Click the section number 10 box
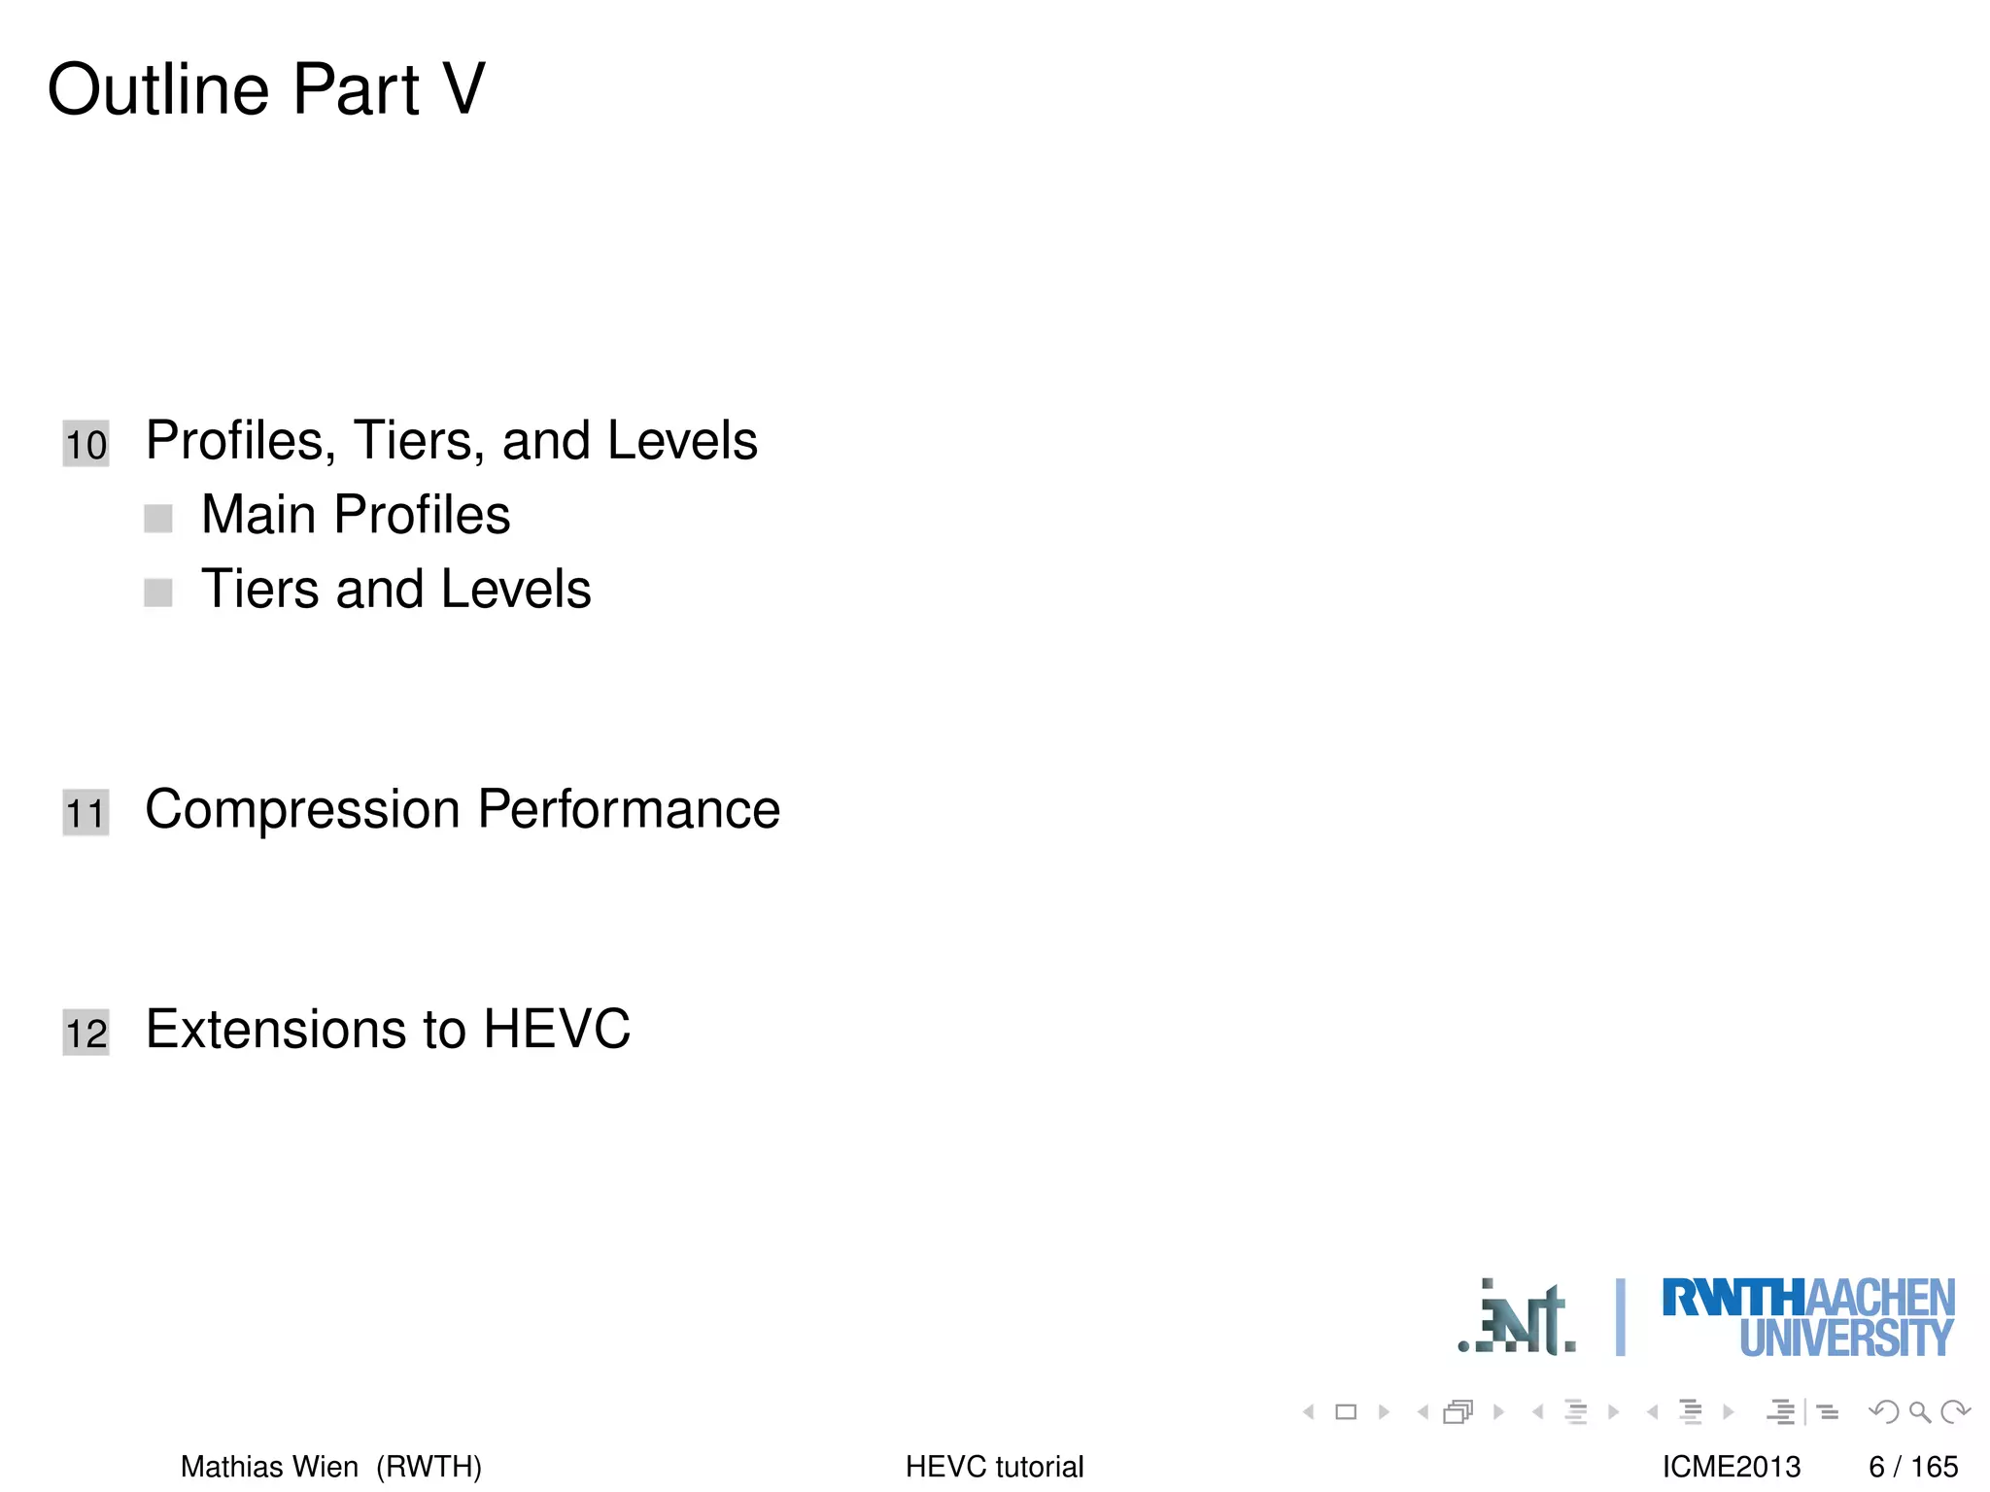tap(86, 444)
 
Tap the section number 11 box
tap(86, 812)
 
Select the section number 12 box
tap(86, 1032)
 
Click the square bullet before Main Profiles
tap(158, 518)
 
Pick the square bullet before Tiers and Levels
tap(158, 592)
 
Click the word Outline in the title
tap(158, 89)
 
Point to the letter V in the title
tap(463, 89)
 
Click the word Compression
tap(302, 809)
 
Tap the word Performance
tap(629, 809)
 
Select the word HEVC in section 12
tap(557, 1029)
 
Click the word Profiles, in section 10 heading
tap(241, 441)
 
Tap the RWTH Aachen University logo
tap(1807, 1317)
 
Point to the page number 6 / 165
tap(1912, 1466)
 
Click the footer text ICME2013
tap(1731, 1466)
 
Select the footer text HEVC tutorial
tap(994, 1466)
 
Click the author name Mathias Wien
tap(269, 1466)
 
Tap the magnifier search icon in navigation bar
tap(1919, 1411)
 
